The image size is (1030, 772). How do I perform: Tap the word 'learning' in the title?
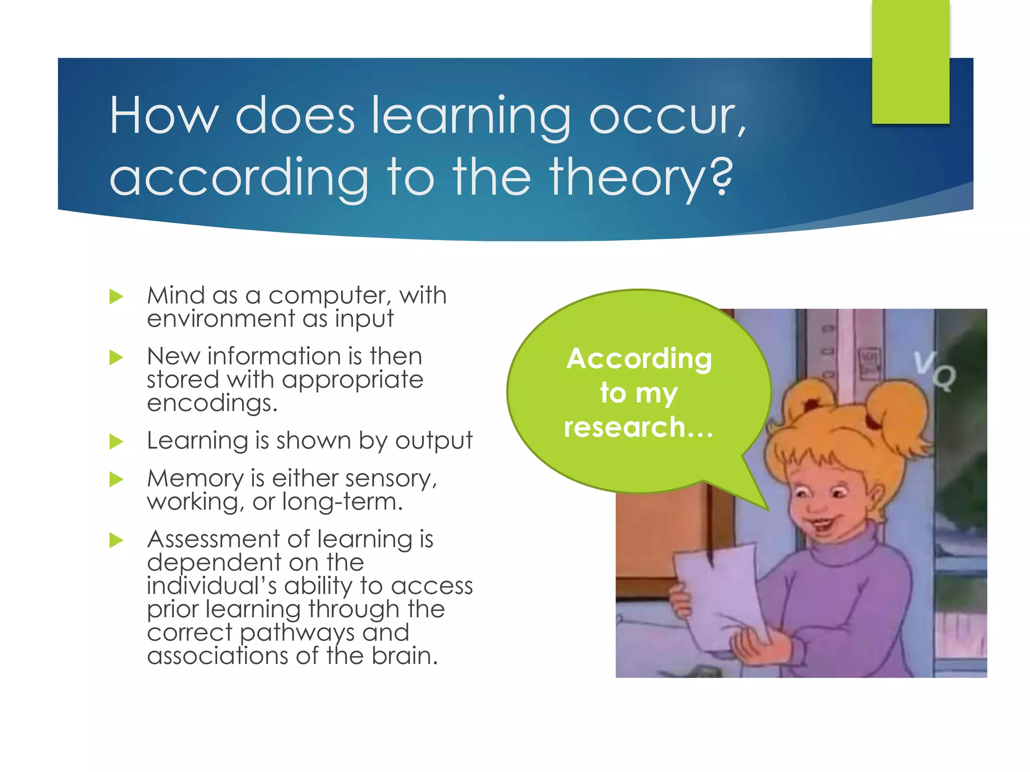[471, 117]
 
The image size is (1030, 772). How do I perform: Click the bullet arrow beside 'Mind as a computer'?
[116, 297]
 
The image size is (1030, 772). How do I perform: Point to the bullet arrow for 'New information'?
[116, 357]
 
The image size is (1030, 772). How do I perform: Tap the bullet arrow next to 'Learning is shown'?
[116, 442]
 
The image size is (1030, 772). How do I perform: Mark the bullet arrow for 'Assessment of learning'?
[116, 540]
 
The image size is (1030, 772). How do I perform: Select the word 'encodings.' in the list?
[212, 403]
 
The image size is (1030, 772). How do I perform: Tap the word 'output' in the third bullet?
[434, 441]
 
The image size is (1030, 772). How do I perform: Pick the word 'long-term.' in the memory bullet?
[342, 502]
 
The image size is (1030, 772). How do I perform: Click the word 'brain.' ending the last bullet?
[405, 656]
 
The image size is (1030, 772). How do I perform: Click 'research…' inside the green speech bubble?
[638, 427]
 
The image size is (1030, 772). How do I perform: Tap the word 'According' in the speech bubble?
[639, 359]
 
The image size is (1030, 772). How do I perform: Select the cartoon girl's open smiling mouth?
[821, 528]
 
